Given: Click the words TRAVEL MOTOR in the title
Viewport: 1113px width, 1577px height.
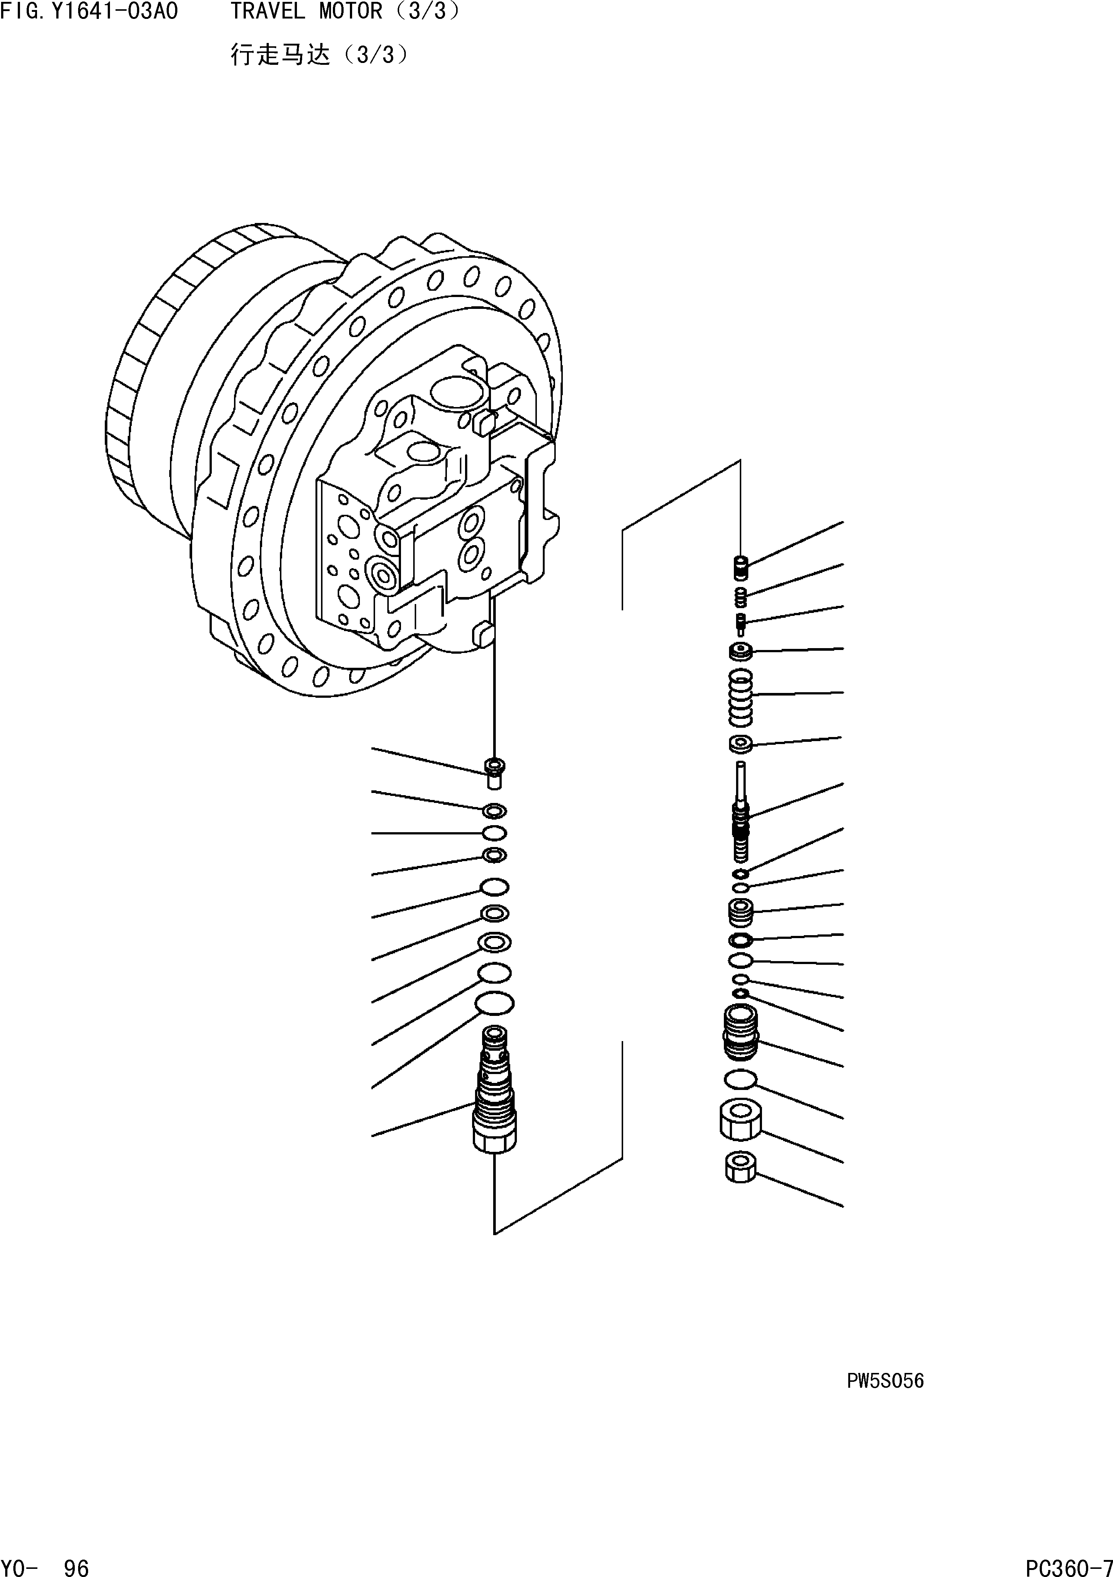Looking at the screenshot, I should pos(305,12).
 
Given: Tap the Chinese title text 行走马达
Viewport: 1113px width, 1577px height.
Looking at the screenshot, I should pos(280,55).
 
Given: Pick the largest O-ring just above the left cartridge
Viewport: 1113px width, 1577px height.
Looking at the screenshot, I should pos(494,1003).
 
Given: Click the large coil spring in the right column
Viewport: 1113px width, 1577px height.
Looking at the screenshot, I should pos(740,697).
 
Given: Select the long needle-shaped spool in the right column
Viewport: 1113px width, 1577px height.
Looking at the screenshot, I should pos(740,810).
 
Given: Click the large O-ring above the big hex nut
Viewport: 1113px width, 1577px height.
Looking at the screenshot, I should pos(740,1080).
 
